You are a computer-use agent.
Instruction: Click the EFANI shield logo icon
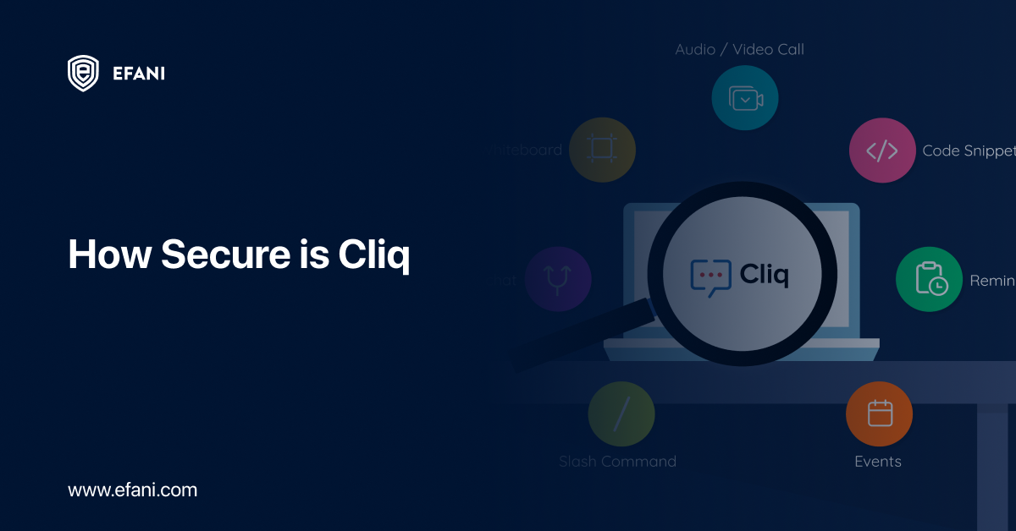83,73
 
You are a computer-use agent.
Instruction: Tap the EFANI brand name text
138,74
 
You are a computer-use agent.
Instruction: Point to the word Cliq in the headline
373,255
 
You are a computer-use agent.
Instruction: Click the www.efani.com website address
132,490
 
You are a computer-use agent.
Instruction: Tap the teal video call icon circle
744,98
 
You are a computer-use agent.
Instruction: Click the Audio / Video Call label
739,50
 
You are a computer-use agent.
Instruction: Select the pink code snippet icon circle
881,151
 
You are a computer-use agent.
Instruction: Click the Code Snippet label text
967,151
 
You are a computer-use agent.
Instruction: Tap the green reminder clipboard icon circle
929,279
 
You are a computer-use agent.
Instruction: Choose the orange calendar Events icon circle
879,414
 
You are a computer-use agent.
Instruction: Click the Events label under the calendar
878,462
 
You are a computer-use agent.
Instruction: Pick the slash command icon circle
621,414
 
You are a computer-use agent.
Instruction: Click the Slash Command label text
617,462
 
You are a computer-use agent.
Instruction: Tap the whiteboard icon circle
602,150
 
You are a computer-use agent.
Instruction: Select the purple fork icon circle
557,279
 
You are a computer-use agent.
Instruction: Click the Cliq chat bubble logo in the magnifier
710,276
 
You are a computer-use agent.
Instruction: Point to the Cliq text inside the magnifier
764,275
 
